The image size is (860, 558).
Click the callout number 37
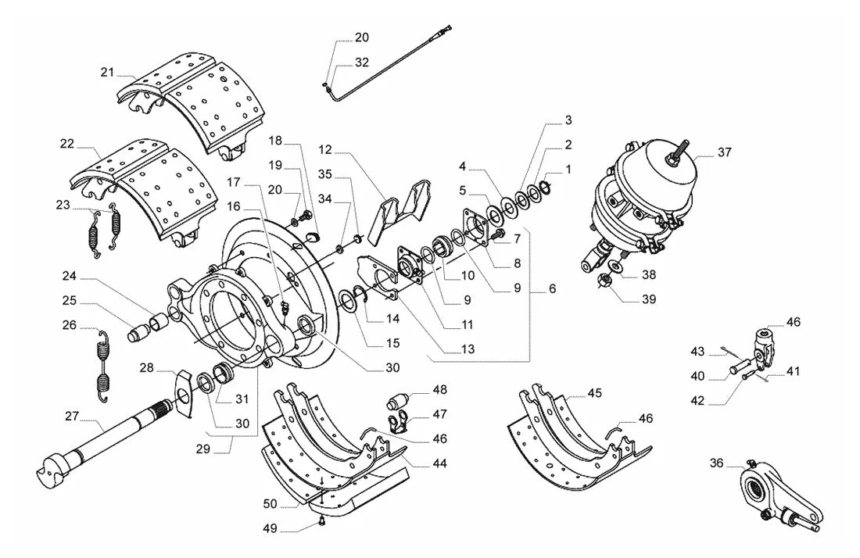(x=725, y=152)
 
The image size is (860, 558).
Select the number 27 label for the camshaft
(x=72, y=416)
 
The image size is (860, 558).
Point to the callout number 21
(x=107, y=72)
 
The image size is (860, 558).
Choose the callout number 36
(x=716, y=463)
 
